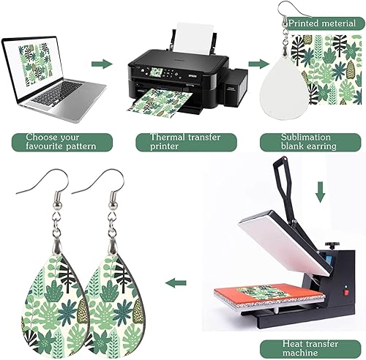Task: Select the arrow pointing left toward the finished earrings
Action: [x=174, y=282]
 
